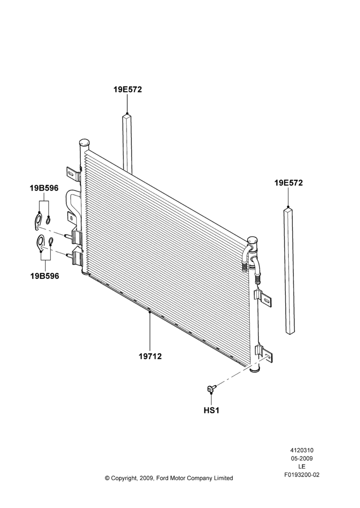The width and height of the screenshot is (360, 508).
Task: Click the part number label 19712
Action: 150,357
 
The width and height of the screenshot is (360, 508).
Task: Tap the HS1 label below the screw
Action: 212,410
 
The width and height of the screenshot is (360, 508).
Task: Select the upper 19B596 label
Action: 44,188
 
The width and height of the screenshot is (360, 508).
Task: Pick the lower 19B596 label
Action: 44,276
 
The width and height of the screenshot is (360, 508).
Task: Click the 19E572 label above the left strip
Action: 128,89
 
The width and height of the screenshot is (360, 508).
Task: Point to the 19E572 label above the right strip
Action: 288,183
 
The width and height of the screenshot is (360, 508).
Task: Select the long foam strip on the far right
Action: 289,271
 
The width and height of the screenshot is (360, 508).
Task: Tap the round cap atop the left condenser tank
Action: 84,143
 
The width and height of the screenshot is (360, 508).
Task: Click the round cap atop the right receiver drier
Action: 252,241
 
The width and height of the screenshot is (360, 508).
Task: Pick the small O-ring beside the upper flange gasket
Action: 48,220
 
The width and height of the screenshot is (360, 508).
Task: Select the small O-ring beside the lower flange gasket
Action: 51,241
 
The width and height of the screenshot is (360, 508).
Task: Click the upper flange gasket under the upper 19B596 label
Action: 38,221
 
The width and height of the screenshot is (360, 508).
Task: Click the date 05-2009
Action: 302,458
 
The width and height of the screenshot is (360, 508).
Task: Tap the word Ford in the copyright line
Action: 164,478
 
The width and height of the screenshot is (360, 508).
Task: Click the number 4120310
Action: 302,450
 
